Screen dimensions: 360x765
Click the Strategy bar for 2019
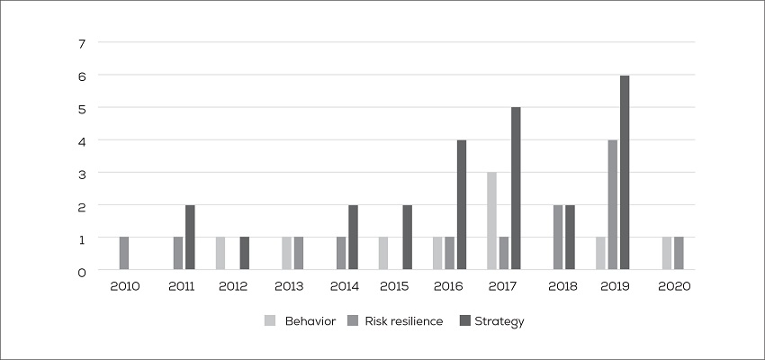click(x=624, y=173)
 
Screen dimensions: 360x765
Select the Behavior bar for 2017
click(x=491, y=221)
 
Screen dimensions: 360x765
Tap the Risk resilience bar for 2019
click(x=612, y=205)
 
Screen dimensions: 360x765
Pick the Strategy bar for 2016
click(x=461, y=205)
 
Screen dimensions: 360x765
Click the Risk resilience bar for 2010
click(x=124, y=254)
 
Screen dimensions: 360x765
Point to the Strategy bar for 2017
click(x=516, y=189)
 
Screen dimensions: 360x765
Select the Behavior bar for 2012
click(x=220, y=254)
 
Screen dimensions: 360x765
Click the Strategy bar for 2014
click(x=353, y=238)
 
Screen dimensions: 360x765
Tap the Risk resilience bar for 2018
click(x=558, y=238)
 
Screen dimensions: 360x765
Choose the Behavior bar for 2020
click(x=667, y=254)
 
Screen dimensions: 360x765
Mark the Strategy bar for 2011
click(x=190, y=238)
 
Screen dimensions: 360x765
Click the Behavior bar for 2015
click(x=383, y=254)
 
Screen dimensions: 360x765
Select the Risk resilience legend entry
click(x=402, y=321)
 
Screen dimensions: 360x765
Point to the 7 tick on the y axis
click(x=82, y=43)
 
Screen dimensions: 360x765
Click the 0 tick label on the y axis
click(x=82, y=270)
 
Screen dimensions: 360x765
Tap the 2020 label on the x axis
click(x=672, y=285)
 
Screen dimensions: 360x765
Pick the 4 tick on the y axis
click(x=82, y=140)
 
